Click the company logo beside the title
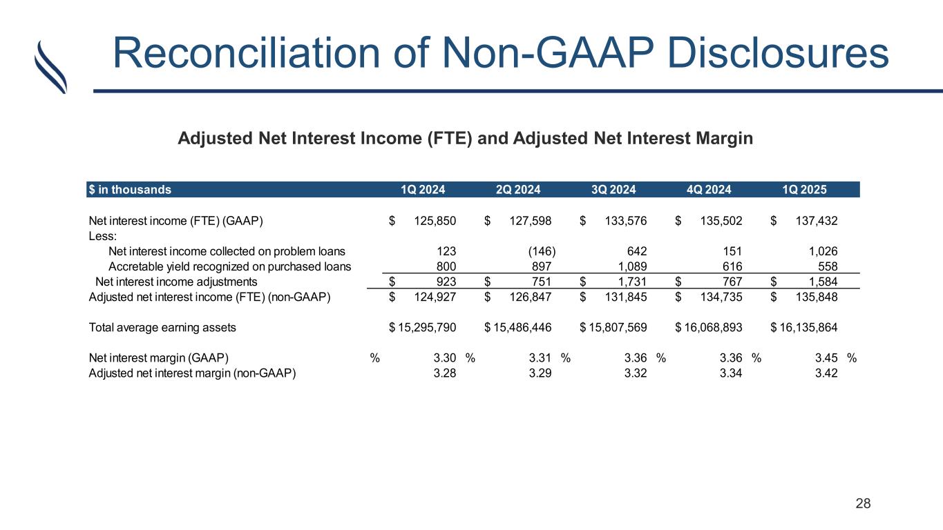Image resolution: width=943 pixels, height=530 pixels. coord(50,66)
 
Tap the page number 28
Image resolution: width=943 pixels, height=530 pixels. coord(864,503)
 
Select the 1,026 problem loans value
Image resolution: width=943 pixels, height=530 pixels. coord(823,251)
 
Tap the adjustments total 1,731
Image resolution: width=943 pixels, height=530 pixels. coord(631,282)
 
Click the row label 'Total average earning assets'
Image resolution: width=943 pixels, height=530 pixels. coord(162,328)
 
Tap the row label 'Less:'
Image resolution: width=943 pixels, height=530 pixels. coord(102,236)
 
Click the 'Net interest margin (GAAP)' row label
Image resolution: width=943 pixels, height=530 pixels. coord(159,358)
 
